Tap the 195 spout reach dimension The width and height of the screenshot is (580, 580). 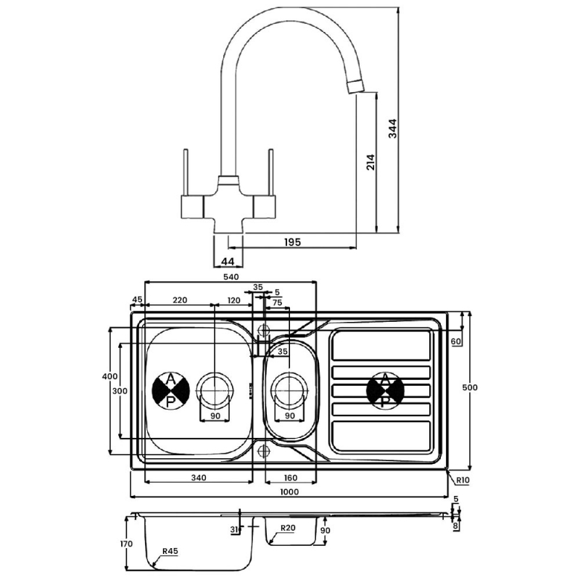tap(292, 241)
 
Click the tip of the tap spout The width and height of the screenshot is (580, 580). tap(355, 86)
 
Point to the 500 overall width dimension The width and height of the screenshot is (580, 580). tap(471, 387)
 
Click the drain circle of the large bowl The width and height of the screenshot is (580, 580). tap(215, 389)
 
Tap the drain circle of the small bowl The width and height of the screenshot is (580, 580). tap(289, 389)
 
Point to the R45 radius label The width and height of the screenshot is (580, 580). tap(170, 552)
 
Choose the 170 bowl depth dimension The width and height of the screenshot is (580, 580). tap(126, 544)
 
